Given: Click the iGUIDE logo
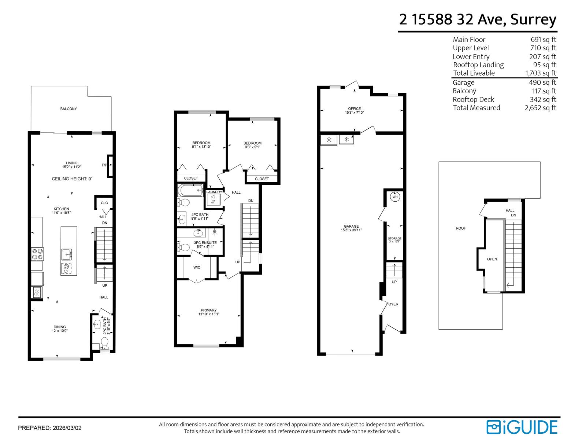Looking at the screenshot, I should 522,427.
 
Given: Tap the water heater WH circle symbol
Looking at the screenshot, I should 395,197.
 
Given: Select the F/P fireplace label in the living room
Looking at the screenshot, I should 104,165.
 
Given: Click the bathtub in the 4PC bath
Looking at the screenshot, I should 190,191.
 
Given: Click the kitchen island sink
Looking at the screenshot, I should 66,253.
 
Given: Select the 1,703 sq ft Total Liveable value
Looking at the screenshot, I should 540,73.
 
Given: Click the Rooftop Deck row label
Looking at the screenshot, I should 473,99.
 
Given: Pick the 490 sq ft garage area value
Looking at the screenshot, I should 542,82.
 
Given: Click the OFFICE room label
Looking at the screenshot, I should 354,109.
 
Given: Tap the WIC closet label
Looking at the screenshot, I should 197,267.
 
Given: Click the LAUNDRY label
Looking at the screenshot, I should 214,192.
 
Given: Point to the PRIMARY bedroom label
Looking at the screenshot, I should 208,310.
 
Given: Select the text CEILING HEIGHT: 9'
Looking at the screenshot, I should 71,179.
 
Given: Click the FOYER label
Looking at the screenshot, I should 392,304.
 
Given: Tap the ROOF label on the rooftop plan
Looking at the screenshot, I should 461,228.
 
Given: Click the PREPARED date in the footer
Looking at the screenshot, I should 50,428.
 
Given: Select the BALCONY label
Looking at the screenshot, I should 68,109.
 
